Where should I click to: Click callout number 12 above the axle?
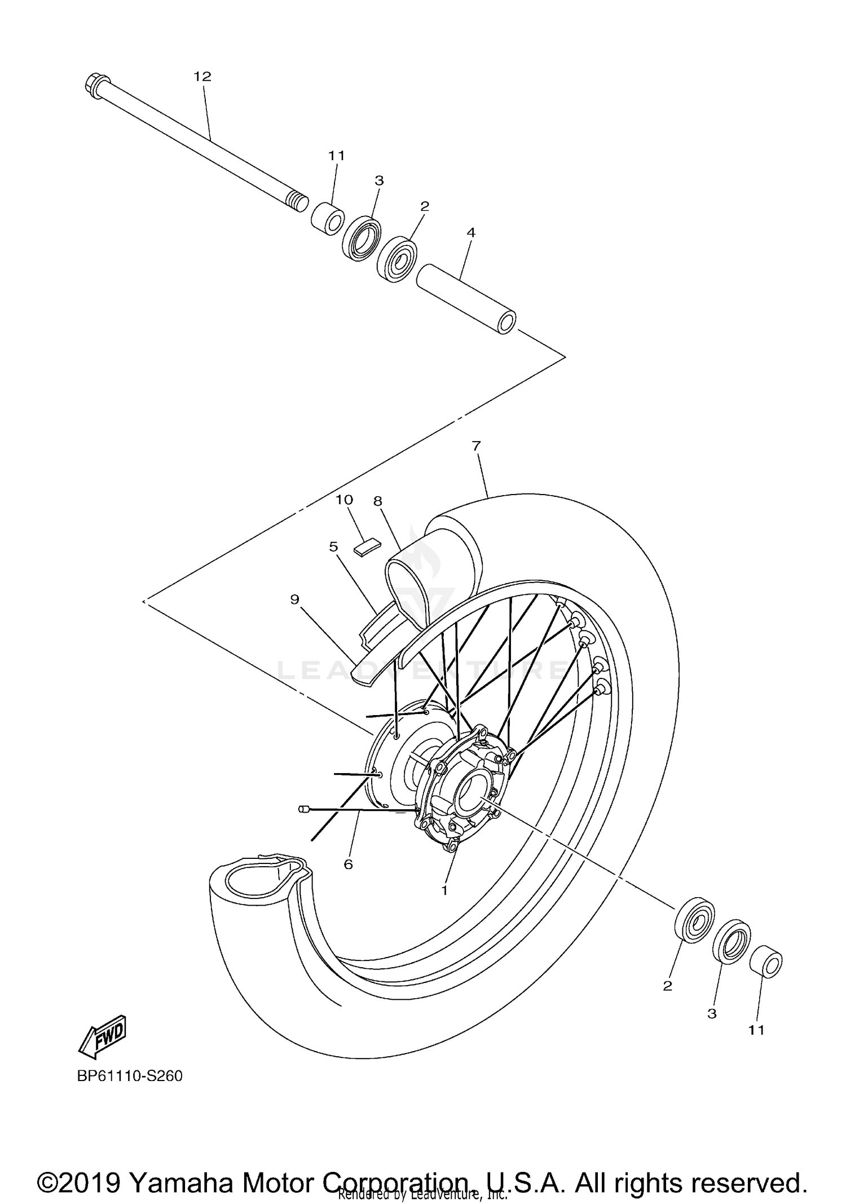click(202, 76)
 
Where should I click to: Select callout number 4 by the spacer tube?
click(471, 232)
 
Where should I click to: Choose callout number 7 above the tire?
click(476, 446)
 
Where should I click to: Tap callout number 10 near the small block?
click(344, 500)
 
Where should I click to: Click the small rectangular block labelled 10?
click(367, 546)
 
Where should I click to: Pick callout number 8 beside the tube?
click(378, 501)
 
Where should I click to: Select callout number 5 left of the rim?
click(333, 546)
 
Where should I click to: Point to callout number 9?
click(294, 599)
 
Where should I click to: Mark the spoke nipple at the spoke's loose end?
click(302, 809)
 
